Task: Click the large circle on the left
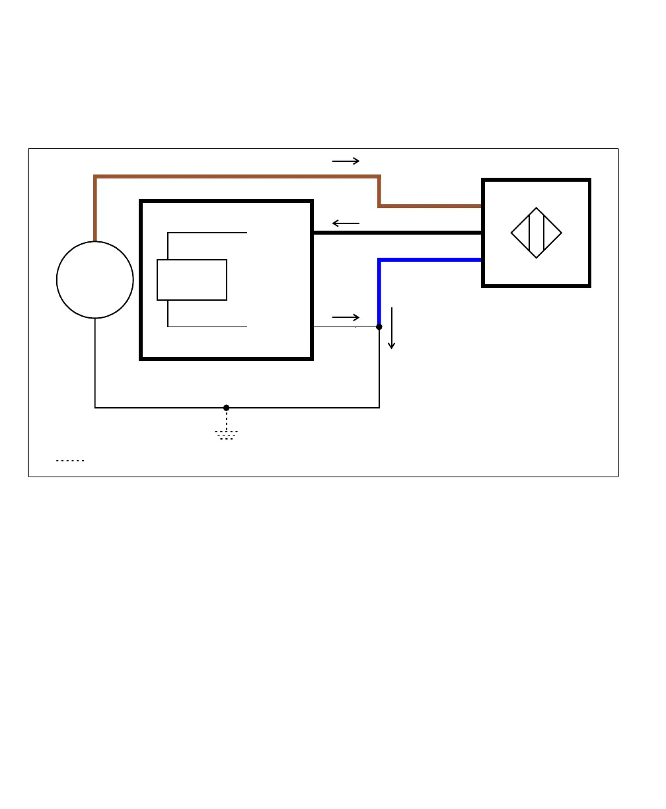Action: tap(95, 280)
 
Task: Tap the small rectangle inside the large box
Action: tap(192, 280)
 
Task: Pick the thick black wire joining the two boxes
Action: tap(396, 233)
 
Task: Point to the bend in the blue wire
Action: tap(379, 260)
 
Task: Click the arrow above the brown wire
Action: tap(346, 161)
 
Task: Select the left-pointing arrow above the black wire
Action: tap(346, 223)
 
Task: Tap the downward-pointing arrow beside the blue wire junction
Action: tap(392, 328)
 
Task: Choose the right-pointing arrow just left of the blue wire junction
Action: tap(346, 318)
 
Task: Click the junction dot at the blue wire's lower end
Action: tap(379, 327)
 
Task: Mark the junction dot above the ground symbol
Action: tap(227, 408)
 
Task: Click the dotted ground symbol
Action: tap(227, 435)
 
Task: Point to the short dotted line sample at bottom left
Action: tap(70, 460)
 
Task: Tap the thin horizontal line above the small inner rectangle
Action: tap(207, 233)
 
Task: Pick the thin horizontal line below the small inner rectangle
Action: tap(207, 327)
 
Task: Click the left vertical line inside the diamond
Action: tap(529, 233)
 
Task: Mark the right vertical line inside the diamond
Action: tap(544, 233)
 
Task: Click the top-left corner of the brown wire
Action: tap(96, 177)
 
